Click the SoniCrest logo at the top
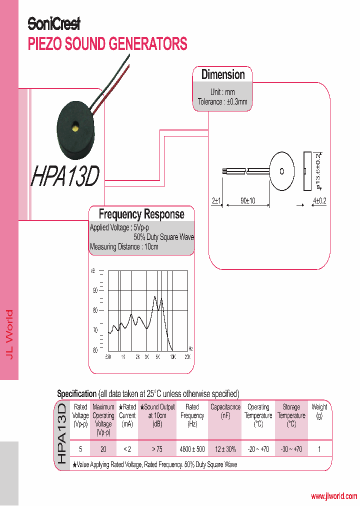[53, 23]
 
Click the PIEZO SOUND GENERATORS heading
[107, 44]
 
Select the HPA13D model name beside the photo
[65, 176]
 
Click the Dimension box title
[223, 74]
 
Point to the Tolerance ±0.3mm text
[222, 101]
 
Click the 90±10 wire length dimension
[247, 200]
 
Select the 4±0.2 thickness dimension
[319, 200]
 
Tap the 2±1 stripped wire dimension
[216, 200]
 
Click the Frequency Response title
[141, 214]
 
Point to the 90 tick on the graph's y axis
[95, 290]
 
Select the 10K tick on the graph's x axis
[172, 357]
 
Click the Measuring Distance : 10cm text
[124, 247]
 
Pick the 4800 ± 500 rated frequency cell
[192, 449]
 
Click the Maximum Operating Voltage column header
[103, 419]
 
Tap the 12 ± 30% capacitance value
[225, 449]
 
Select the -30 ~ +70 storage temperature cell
[291, 449]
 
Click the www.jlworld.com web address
[334, 496]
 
